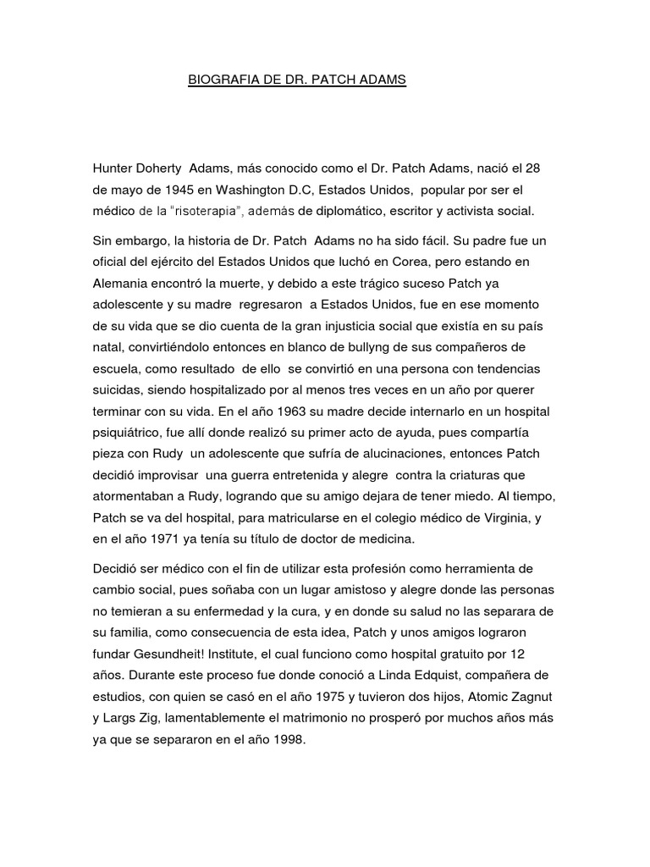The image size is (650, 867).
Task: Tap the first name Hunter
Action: (113, 168)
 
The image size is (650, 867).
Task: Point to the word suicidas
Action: (118, 390)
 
